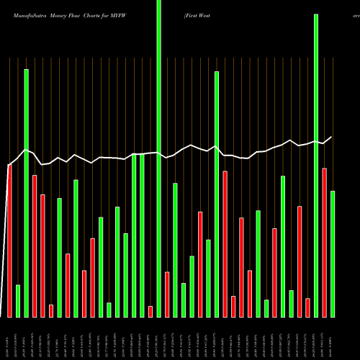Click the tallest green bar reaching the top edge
click(x=159, y=158)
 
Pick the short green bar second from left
click(x=18, y=301)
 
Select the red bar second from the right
click(x=324, y=242)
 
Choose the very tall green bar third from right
click(x=316, y=166)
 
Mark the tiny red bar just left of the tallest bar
click(x=150, y=311)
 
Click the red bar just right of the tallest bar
click(x=167, y=294)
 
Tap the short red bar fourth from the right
click(x=307, y=307)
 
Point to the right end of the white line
click(x=332, y=137)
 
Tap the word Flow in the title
click(x=75, y=14)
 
